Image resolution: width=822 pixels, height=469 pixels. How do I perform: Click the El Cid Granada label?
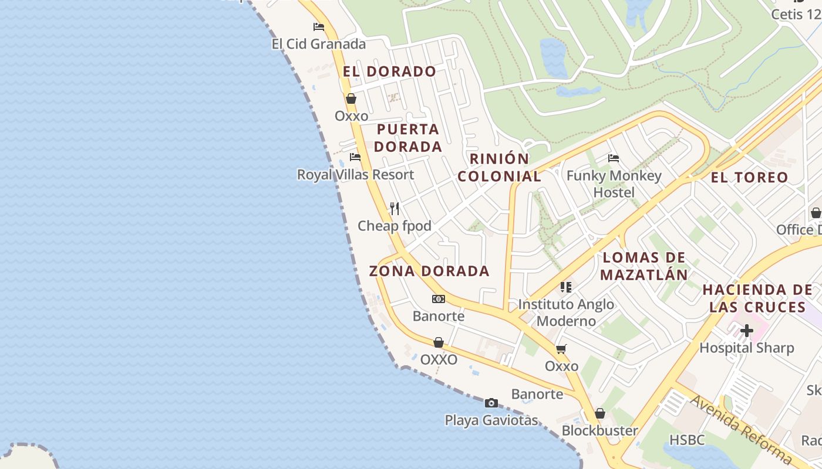pos(318,44)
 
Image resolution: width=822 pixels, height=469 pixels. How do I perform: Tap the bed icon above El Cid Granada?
pos(319,27)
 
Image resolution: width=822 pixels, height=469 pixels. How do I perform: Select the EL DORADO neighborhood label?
pos(389,72)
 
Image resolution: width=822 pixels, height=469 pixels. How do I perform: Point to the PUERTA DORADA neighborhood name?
pos(407,138)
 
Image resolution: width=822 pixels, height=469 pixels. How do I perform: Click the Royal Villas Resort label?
pos(355,175)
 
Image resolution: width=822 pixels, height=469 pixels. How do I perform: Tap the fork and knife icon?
pos(395,208)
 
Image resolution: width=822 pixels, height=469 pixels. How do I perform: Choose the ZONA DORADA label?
pos(429,271)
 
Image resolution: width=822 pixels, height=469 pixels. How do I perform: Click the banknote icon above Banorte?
pos(439,299)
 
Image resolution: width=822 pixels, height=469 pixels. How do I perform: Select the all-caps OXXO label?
pos(439,359)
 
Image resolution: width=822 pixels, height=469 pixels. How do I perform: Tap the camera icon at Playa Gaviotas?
pos(491,403)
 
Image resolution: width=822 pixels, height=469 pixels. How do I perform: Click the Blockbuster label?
pos(599,431)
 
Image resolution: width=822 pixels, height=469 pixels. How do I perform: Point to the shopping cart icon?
pos(561,349)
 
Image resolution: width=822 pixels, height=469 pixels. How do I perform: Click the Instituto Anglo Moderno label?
pos(566,312)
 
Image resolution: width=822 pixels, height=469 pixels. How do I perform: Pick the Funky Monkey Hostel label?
pos(614,184)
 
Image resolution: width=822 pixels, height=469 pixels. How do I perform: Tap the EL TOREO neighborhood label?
pos(749,177)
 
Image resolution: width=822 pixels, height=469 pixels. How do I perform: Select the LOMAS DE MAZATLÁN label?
pos(644,266)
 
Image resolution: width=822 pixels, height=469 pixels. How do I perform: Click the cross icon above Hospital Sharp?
pos(746,331)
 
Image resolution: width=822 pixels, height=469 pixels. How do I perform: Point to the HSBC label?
pos(687,440)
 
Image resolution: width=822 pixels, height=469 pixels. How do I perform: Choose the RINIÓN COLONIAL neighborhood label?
pos(499,167)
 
